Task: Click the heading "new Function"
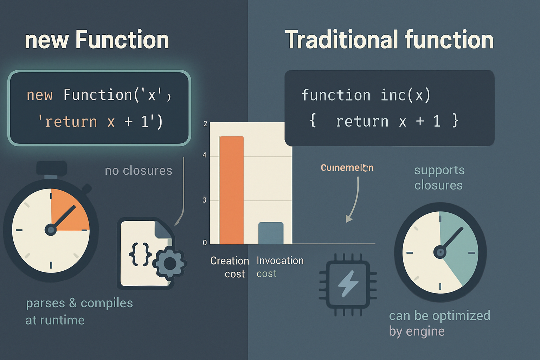pyautogui.click(x=97, y=39)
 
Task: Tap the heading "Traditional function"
pyautogui.click(x=389, y=39)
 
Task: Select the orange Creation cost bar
pyautogui.click(x=231, y=190)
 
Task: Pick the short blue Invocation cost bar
pyautogui.click(x=271, y=233)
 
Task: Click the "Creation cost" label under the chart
pyautogui.click(x=230, y=267)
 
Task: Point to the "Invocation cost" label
pyautogui.click(x=280, y=267)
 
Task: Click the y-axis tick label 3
pyautogui.click(x=205, y=200)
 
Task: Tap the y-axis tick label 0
pyautogui.click(x=205, y=243)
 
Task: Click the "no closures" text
pyautogui.click(x=139, y=171)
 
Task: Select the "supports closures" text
pyautogui.click(x=439, y=178)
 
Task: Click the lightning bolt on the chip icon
pyautogui.click(x=348, y=283)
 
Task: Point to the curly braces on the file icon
pyautogui.click(x=140, y=254)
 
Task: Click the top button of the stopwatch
pyautogui.click(x=52, y=168)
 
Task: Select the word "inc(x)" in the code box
pyautogui.click(x=405, y=95)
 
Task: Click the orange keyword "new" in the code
pyautogui.click(x=39, y=95)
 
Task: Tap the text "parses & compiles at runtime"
pyautogui.click(x=79, y=311)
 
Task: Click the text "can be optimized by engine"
pyautogui.click(x=439, y=323)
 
